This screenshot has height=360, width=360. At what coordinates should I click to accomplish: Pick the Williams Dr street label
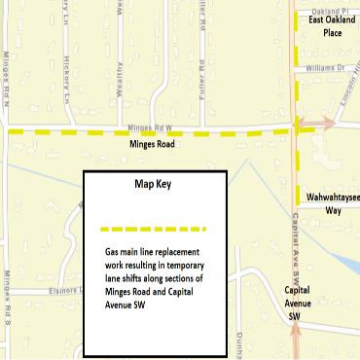(x=325, y=69)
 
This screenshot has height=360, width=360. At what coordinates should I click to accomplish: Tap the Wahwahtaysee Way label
(x=332, y=202)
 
